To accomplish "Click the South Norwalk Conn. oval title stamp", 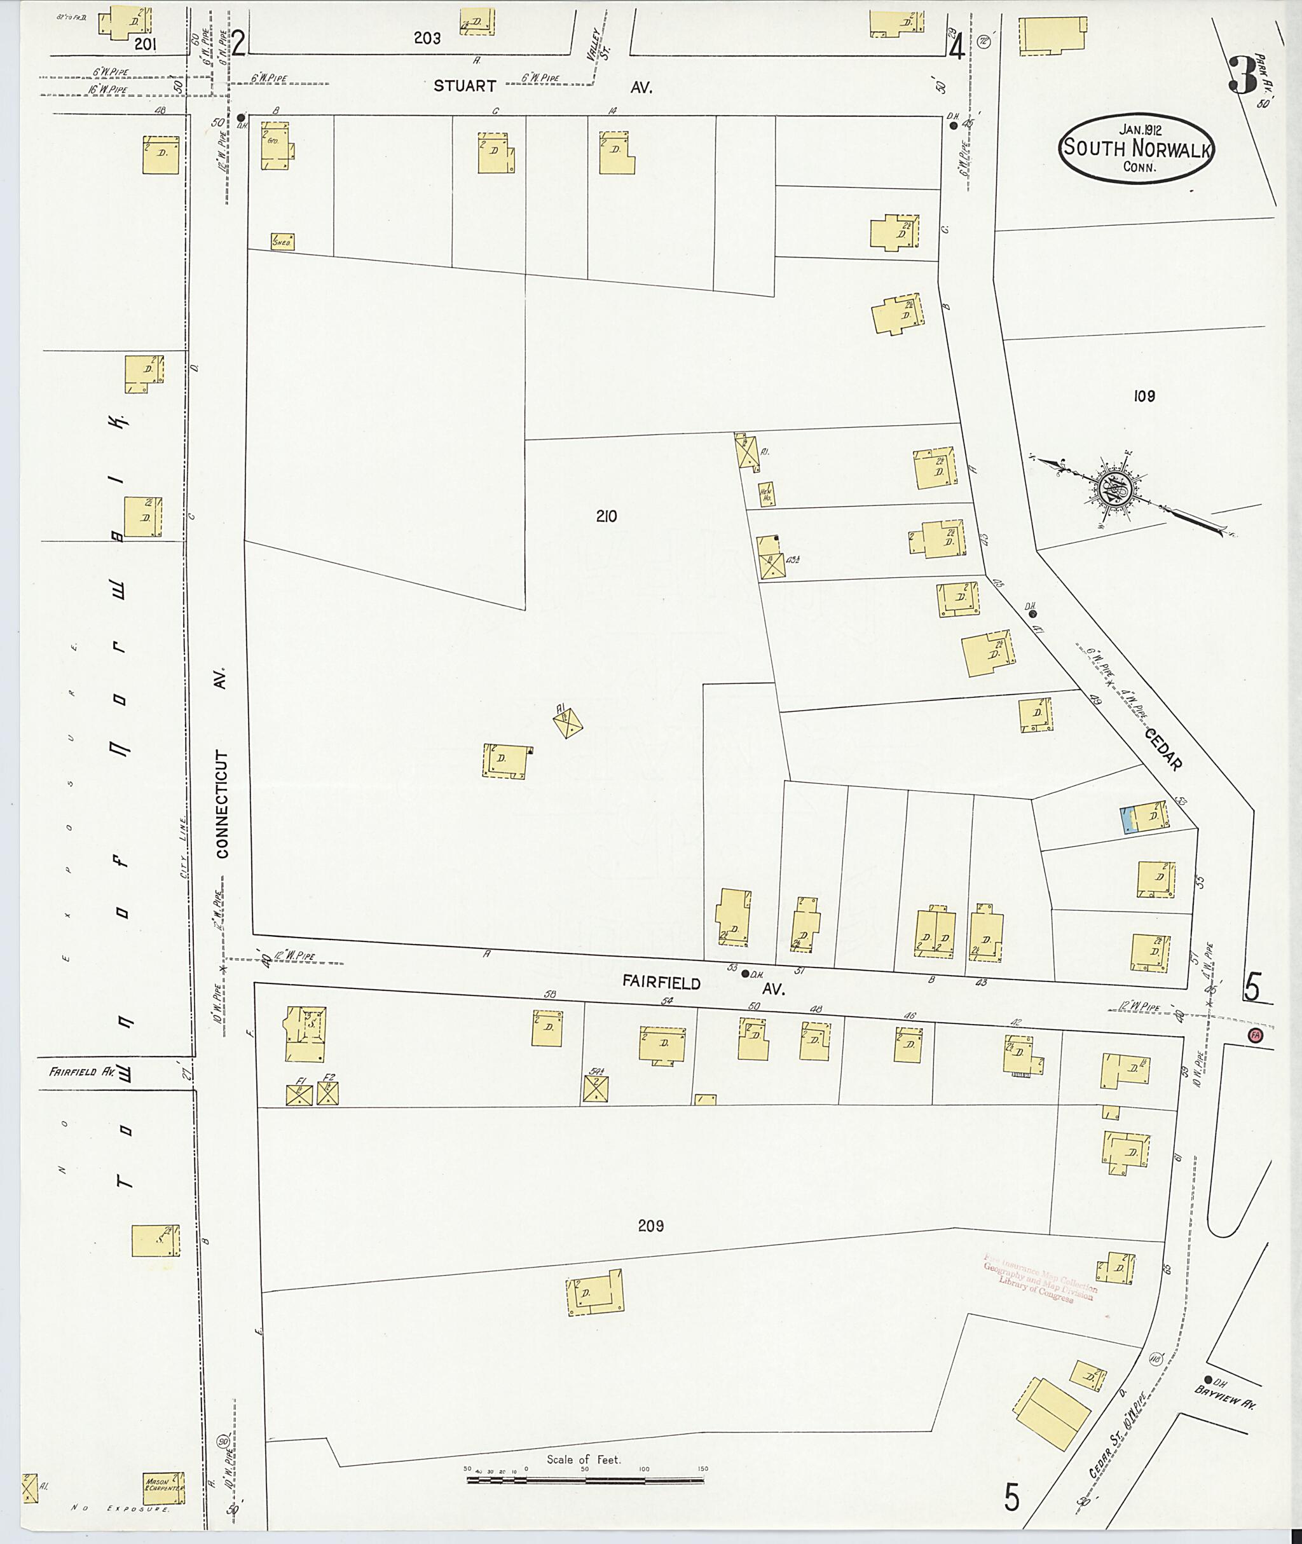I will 1137,148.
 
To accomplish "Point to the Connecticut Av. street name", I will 223,768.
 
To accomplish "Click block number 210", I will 606,517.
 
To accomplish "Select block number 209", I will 650,1226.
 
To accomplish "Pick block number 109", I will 1144,397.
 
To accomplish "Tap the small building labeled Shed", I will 282,242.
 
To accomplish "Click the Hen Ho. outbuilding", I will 767,494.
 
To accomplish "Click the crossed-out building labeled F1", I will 298,1094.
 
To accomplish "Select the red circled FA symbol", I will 1254,1035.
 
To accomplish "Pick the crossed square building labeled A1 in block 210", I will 569,720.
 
